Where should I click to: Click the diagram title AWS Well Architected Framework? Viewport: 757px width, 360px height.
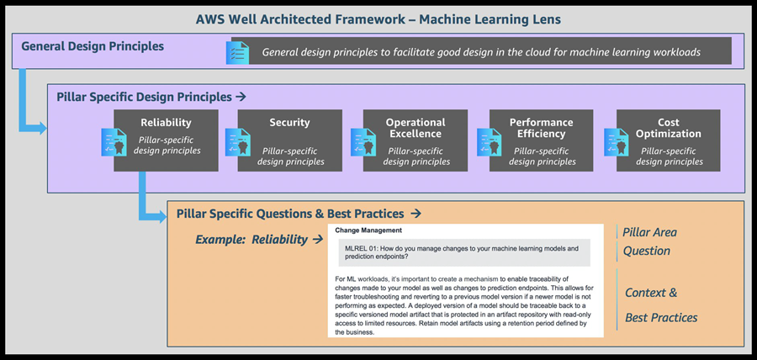(378, 19)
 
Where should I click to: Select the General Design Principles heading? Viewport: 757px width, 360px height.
(93, 47)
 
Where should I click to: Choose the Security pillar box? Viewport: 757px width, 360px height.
(289, 140)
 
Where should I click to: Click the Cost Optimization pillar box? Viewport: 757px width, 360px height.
(668, 140)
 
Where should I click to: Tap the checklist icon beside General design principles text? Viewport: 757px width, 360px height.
(238, 52)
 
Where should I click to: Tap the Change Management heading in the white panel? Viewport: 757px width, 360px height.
(368, 230)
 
